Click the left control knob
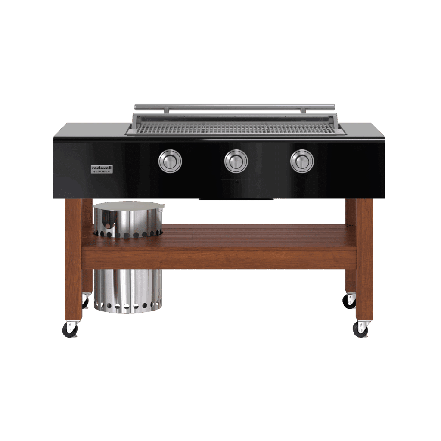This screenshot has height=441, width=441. pyautogui.click(x=170, y=161)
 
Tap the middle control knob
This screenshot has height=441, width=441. pyautogui.click(x=236, y=161)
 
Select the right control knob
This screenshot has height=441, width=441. pyautogui.click(x=302, y=161)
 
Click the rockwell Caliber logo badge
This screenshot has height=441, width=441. pyautogui.click(x=102, y=169)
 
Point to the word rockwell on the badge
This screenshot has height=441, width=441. pyautogui.click(x=102, y=168)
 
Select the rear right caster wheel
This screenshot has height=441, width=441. pyautogui.click(x=349, y=301)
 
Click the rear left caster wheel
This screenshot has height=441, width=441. pyautogui.click(x=85, y=301)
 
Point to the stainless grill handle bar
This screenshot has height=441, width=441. pyautogui.click(x=235, y=107)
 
